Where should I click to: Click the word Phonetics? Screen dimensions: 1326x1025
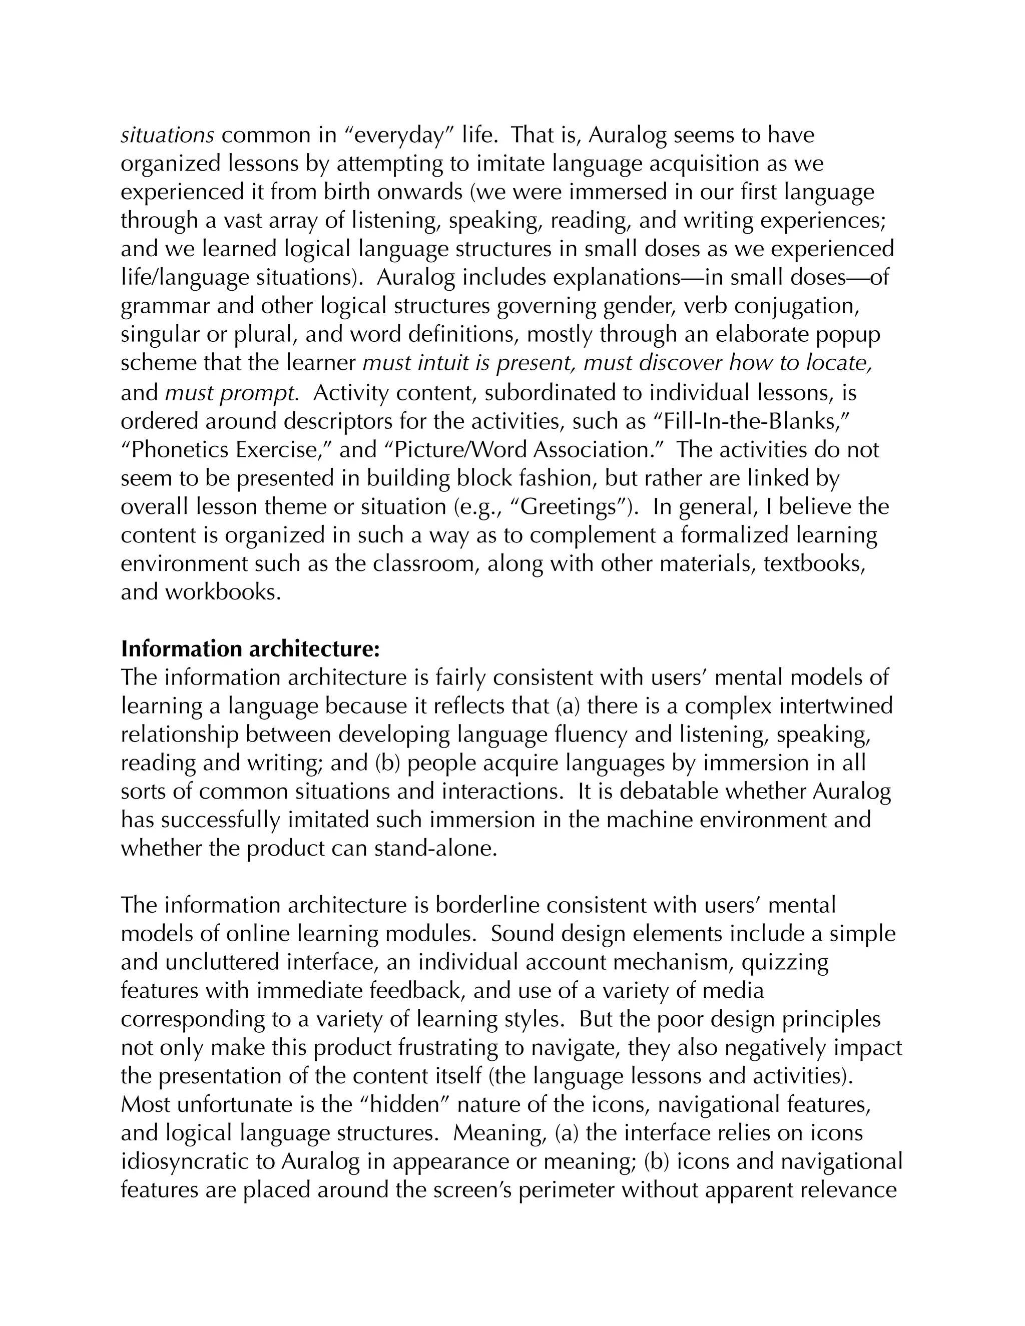[180, 450]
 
